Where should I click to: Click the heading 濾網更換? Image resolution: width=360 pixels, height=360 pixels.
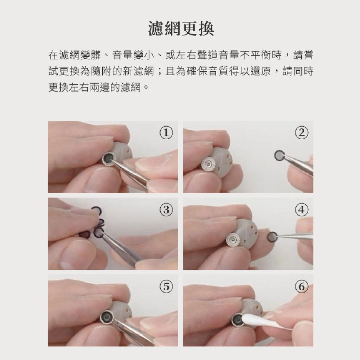point(181,28)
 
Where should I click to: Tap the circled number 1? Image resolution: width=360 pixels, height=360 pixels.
point(166,133)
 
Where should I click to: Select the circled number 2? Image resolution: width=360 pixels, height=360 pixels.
point(301,133)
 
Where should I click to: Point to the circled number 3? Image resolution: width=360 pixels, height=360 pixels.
point(166,210)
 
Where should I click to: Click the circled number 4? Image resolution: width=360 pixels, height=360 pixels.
point(301,210)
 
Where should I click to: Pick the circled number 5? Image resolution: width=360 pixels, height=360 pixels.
point(166,287)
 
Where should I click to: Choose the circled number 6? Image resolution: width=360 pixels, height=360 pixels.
point(301,287)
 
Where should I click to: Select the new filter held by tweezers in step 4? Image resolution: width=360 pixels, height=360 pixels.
point(273,237)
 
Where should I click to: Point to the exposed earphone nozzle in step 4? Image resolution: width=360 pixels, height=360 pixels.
point(233,240)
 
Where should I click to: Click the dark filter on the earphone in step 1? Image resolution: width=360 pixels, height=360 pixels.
point(108,159)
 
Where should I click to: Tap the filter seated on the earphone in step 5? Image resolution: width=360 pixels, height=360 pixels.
point(107,317)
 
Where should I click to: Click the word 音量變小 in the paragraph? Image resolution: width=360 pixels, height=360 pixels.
point(133,55)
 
